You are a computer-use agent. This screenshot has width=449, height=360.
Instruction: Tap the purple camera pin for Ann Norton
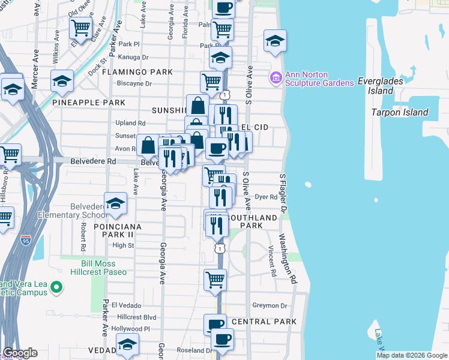coord(276,77)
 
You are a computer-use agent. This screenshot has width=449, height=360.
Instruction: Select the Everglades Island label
coord(384,86)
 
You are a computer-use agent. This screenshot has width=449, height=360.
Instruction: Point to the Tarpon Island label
coord(399,112)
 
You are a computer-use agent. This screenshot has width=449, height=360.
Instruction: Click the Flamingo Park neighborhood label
coord(137,72)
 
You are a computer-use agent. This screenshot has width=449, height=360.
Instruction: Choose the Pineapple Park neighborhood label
coord(88,103)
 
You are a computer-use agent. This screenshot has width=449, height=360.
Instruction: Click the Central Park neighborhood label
coord(264,322)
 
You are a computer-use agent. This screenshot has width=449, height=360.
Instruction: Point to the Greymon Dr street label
coord(270,305)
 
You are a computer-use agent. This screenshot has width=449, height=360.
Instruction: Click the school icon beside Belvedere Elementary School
coord(115,204)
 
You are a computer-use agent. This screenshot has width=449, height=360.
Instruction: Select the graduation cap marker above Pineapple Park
coord(62,80)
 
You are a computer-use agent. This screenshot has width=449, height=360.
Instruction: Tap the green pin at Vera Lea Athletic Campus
coord(56,287)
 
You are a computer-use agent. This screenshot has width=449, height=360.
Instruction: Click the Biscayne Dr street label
coord(135,83)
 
